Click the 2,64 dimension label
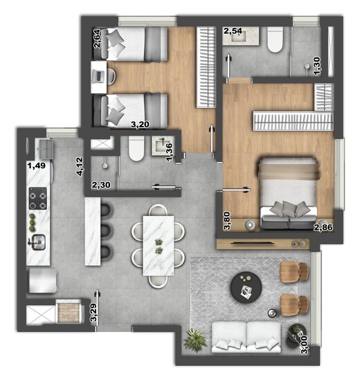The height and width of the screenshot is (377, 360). pyautogui.click(x=97, y=38)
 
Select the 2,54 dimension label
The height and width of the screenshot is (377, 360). pyautogui.click(x=233, y=30)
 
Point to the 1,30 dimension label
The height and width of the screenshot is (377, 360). pyautogui.click(x=317, y=66)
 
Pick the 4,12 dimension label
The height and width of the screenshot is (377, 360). pyautogui.click(x=80, y=167)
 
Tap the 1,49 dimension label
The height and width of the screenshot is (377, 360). pyautogui.click(x=36, y=165)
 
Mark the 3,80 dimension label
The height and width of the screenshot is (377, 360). pyautogui.click(x=226, y=220)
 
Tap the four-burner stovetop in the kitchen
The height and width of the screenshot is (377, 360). pyautogui.click(x=37, y=199)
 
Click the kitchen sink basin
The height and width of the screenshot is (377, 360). pyautogui.click(x=37, y=242)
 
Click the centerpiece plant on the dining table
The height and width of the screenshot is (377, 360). pyautogui.click(x=159, y=244)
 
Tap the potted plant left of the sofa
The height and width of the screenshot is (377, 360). pyautogui.click(x=197, y=339)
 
